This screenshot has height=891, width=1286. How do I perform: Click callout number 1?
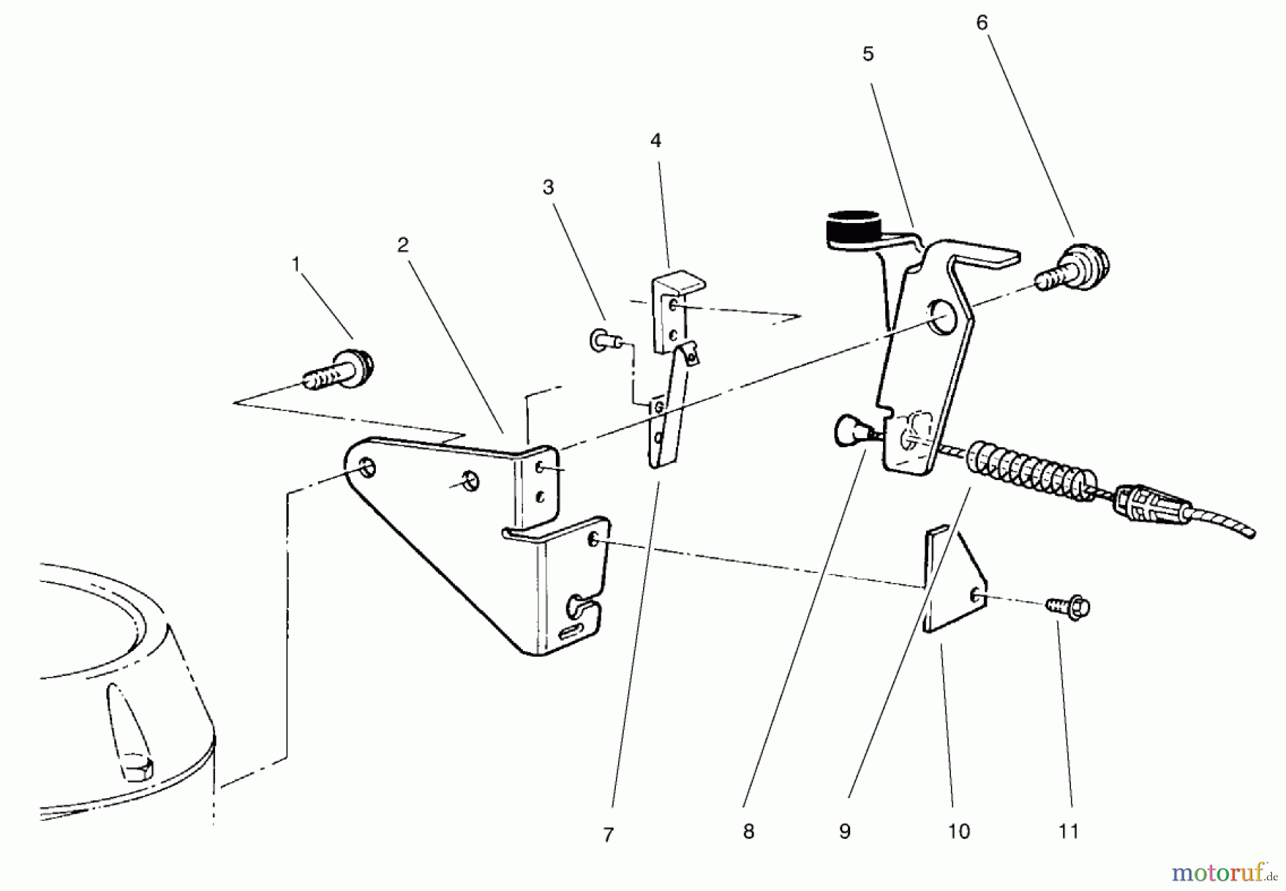(x=295, y=265)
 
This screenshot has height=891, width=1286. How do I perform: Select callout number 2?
(x=403, y=245)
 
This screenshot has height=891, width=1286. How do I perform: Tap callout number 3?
(x=548, y=187)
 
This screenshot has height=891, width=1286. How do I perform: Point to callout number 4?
(x=656, y=141)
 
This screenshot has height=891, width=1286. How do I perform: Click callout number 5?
(x=868, y=54)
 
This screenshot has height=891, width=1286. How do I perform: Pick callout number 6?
(x=982, y=23)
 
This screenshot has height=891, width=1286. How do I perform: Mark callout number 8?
(x=748, y=832)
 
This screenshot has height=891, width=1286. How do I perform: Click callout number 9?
(x=844, y=832)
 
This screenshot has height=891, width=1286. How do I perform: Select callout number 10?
(x=959, y=832)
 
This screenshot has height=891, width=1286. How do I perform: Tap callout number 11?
(x=1068, y=832)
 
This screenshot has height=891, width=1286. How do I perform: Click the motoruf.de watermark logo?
(x=1222, y=872)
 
